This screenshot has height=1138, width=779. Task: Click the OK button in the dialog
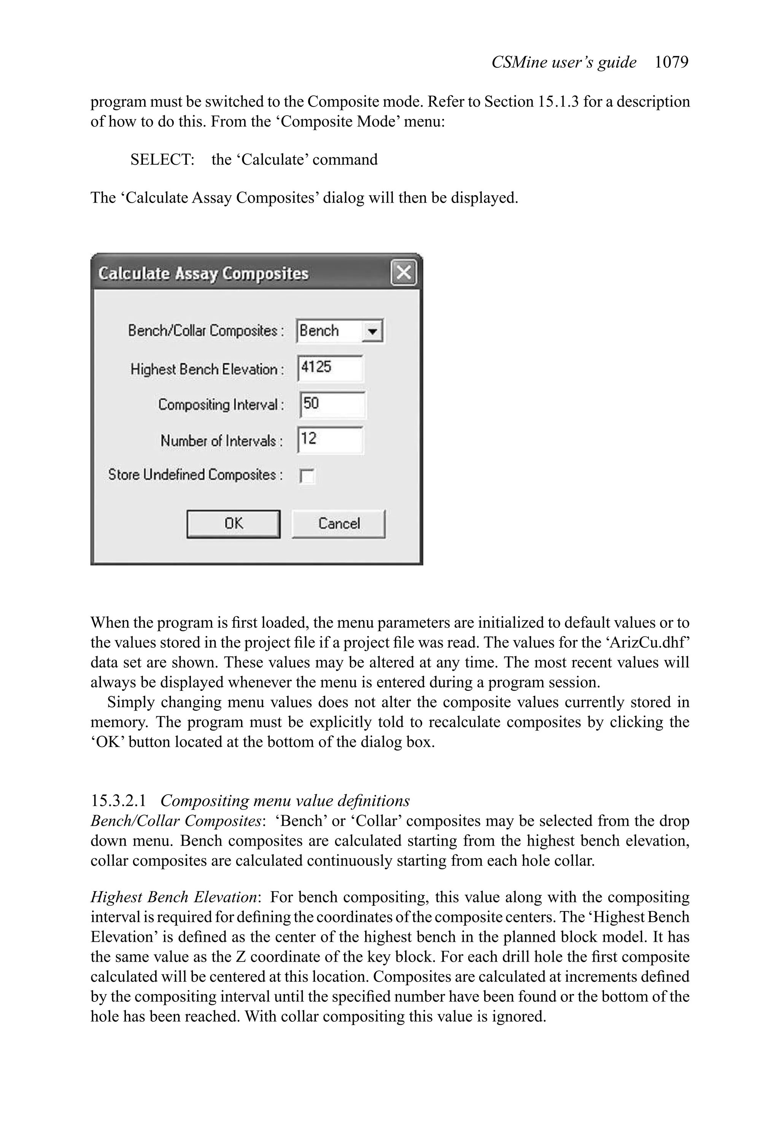click(x=233, y=524)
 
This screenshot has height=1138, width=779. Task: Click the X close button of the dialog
click(x=403, y=273)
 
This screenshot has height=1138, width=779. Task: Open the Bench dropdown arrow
click(x=372, y=332)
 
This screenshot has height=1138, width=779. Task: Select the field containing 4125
click(x=330, y=368)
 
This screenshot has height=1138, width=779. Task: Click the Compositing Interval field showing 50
click(x=332, y=405)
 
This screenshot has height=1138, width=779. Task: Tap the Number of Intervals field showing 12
click(x=330, y=440)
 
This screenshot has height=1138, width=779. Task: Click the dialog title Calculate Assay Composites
click(x=203, y=273)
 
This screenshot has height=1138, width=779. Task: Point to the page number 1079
click(x=671, y=62)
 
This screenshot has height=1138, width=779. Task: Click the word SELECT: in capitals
click(x=162, y=160)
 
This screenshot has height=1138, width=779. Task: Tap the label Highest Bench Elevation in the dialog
click(x=206, y=369)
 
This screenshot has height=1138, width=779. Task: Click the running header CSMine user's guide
click(x=563, y=62)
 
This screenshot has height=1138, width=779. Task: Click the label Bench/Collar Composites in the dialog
click(x=205, y=331)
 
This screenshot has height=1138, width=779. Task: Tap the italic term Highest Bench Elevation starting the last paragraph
click(x=174, y=897)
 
